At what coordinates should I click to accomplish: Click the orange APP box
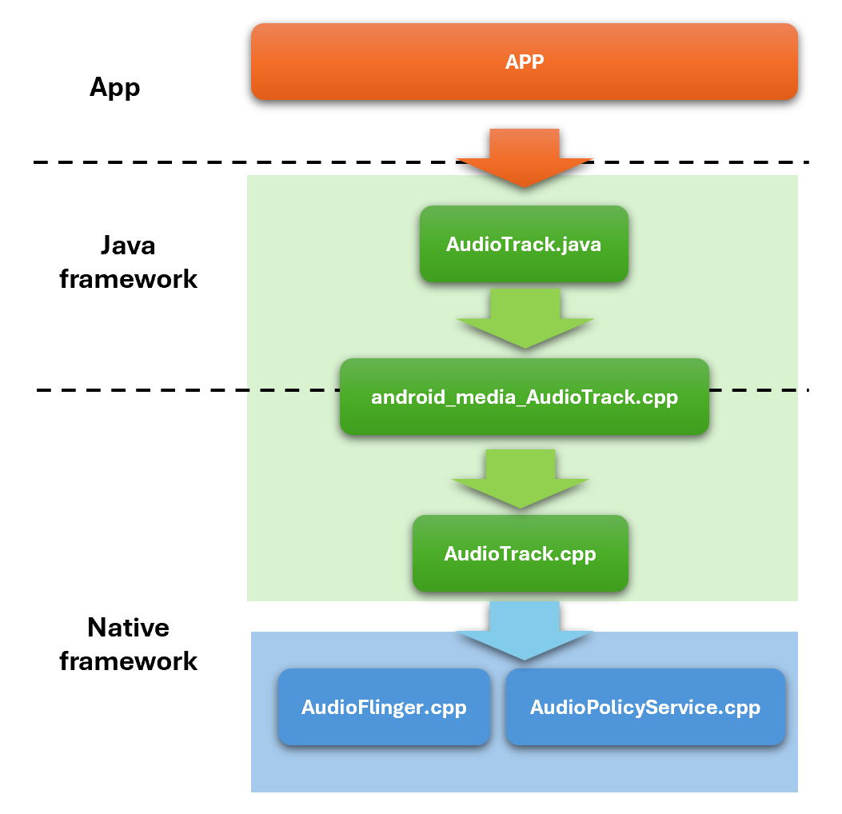click(x=524, y=62)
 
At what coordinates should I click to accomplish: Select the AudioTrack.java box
click(x=524, y=244)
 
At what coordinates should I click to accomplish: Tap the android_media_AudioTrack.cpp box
click(x=524, y=397)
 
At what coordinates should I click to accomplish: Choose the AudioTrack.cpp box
click(x=521, y=553)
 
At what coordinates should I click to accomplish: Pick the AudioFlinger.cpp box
click(x=384, y=707)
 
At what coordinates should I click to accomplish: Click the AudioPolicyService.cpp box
click(x=645, y=707)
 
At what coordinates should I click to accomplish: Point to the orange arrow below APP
click(x=524, y=158)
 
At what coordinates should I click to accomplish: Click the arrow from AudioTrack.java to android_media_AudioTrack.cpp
click(x=525, y=318)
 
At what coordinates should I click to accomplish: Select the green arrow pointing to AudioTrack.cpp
click(x=521, y=479)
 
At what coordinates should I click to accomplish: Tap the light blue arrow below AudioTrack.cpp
click(x=524, y=631)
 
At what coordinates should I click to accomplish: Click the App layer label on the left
click(x=115, y=87)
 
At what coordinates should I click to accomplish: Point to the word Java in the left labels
click(x=129, y=245)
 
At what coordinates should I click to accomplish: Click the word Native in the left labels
click(x=129, y=627)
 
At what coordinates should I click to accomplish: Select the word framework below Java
click(x=129, y=279)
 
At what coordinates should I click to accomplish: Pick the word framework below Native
click(x=129, y=661)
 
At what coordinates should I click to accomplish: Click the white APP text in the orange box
click(x=525, y=62)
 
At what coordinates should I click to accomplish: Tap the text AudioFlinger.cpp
click(x=384, y=708)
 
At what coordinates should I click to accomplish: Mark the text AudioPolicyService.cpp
click(x=645, y=708)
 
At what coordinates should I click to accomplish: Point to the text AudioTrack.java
click(x=524, y=245)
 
